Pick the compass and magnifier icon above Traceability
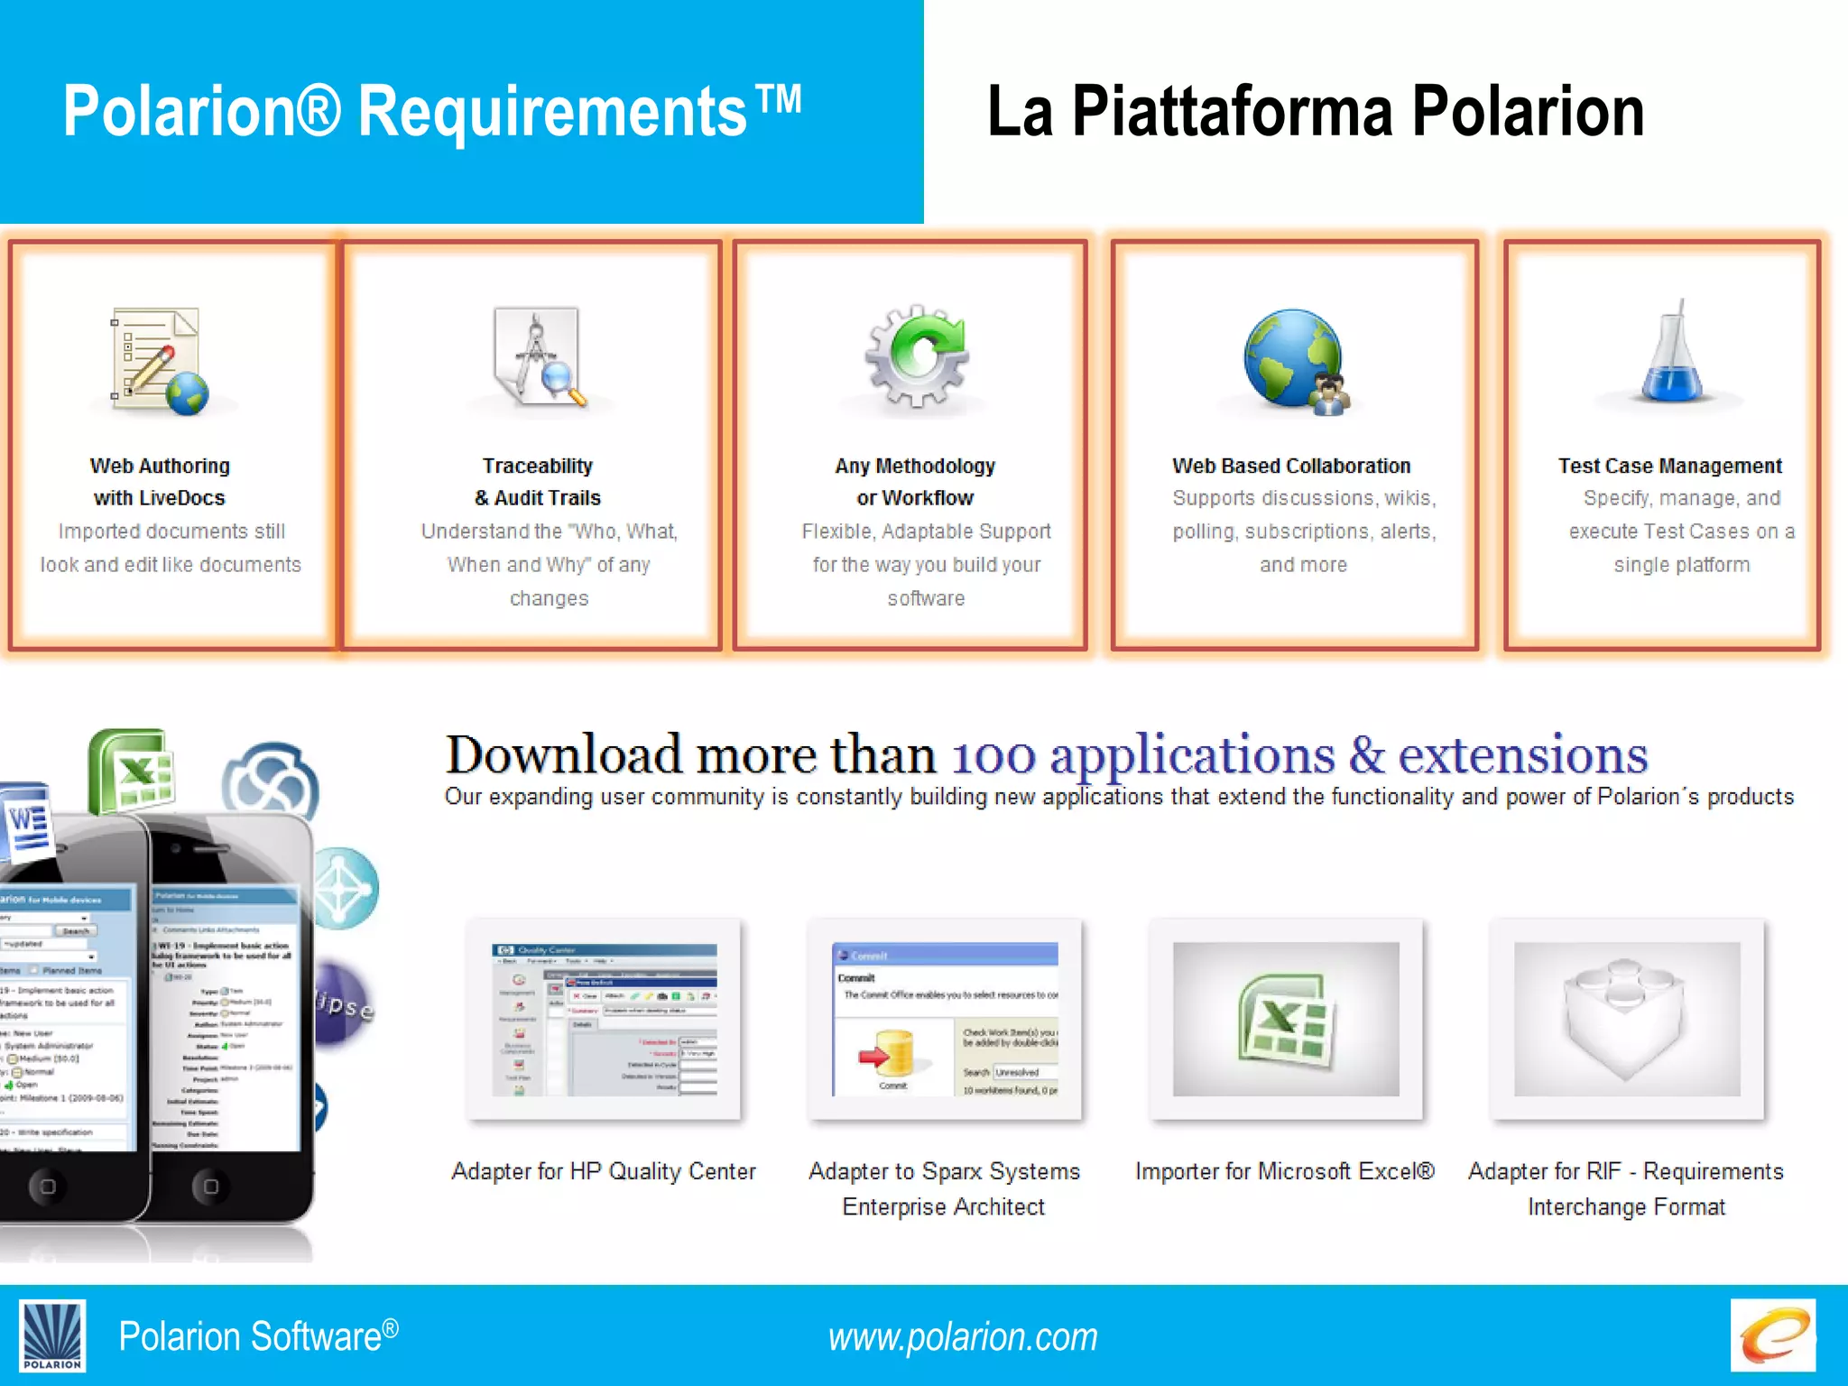(540, 357)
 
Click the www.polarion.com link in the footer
(963, 1337)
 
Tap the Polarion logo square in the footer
(52, 1335)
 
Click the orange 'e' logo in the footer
(1772, 1335)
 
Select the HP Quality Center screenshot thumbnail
(604, 1020)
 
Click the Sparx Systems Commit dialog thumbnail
(945, 1020)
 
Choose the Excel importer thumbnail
(1286, 1020)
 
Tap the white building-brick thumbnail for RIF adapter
(1627, 1020)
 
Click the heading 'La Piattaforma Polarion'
(1316, 112)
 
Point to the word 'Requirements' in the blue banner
(552, 112)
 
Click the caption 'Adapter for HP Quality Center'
(604, 1171)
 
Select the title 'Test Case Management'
(1669, 466)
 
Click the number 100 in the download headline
(993, 756)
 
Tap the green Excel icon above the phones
(134, 772)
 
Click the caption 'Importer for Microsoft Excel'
(1285, 1171)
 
